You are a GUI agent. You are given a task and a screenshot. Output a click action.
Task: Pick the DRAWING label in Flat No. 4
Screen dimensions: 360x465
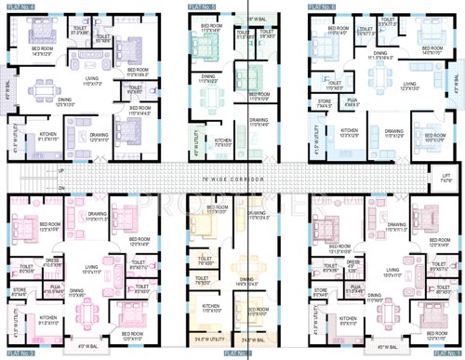pyautogui.click(x=99, y=135)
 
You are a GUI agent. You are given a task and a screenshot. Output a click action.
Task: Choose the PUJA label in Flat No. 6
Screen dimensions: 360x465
pyautogui.click(x=351, y=102)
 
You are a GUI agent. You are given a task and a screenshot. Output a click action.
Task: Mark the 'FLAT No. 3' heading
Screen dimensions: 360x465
pyautogui.click(x=22, y=354)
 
